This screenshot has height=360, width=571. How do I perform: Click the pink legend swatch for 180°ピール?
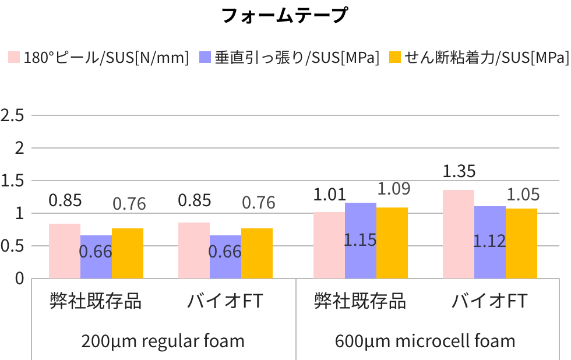[x=13, y=57]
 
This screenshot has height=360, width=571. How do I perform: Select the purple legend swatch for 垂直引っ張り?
[x=205, y=57]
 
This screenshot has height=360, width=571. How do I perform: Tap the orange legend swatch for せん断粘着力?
[x=395, y=57]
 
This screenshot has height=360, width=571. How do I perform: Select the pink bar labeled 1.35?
[x=458, y=234]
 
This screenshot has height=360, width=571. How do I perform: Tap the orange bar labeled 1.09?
[x=392, y=243]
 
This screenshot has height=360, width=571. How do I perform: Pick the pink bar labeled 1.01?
[x=329, y=245]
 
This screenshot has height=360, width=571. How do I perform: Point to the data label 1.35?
[x=459, y=171]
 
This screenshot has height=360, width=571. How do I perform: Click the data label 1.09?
[x=393, y=189]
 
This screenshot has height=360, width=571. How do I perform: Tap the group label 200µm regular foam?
[x=163, y=341]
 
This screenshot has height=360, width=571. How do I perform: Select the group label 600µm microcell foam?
[x=425, y=341]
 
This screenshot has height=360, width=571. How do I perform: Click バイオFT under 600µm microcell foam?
[x=489, y=301]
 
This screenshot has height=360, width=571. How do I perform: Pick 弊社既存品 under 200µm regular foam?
[x=95, y=301]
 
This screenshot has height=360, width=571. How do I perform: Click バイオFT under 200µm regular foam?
[x=225, y=301]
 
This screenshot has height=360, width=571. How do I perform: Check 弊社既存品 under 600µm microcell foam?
[x=359, y=301]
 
